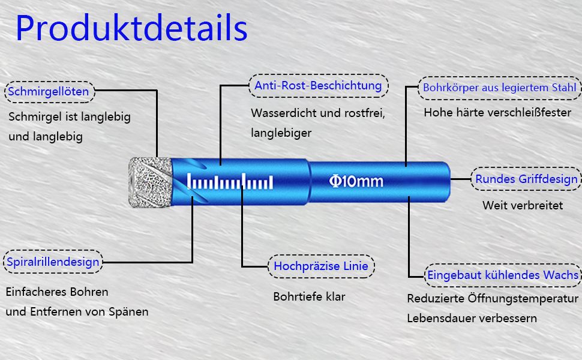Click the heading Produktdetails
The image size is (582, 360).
click(131, 28)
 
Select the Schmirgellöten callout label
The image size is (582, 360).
click(49, 92)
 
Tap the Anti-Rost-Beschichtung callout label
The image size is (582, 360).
click(318, 86)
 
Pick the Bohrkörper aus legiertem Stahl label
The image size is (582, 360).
click(499, 88)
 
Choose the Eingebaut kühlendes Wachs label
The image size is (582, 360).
click(503, 275)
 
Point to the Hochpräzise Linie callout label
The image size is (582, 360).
click(321, 266)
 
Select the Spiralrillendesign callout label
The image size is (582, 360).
click(52, 262)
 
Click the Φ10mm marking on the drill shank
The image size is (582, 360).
click(356, 181)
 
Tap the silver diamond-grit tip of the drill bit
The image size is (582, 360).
click(151, 182)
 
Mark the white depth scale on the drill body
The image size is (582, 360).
click(230, 182)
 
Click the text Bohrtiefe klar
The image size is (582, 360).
click(309, 296)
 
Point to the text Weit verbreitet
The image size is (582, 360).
click(523, 205)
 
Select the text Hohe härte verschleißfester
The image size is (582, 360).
click(497, 112)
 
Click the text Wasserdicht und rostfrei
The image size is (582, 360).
click(317, 113)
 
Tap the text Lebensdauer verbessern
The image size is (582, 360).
click(472, 318)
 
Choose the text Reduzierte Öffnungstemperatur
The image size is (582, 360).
click(493, 298)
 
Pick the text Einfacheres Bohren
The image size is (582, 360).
click(57, 292)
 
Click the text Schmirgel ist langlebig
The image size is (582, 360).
click(69, 117)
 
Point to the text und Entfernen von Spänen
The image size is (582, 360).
click(77, 312)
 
